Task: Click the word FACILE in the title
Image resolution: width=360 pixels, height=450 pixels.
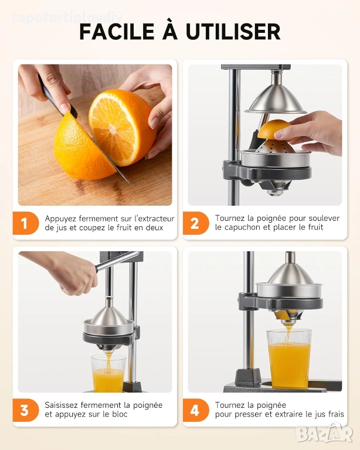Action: (117, 31)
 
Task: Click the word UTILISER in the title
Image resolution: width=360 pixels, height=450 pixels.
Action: (233, 31)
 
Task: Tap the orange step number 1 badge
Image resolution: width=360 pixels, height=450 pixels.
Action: (26, 223)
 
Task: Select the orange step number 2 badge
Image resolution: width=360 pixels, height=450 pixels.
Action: (196, 223)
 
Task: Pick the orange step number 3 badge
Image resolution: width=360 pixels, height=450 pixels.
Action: (26, 410)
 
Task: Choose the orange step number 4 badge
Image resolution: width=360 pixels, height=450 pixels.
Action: (196, 410)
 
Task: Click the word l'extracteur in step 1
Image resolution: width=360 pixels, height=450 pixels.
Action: (154, 219)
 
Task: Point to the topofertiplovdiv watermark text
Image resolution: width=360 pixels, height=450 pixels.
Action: (67, 18)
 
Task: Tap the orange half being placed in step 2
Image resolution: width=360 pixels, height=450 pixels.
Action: (275, 129)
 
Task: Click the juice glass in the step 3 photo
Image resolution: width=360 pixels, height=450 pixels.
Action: (108, 373)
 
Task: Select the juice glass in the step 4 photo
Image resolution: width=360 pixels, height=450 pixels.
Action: (289, 359)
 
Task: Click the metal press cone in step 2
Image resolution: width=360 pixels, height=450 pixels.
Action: (276, 98)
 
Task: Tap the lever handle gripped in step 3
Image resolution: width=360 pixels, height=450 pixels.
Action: (117, 261)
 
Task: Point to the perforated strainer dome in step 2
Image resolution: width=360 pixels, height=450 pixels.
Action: (275, 146)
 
